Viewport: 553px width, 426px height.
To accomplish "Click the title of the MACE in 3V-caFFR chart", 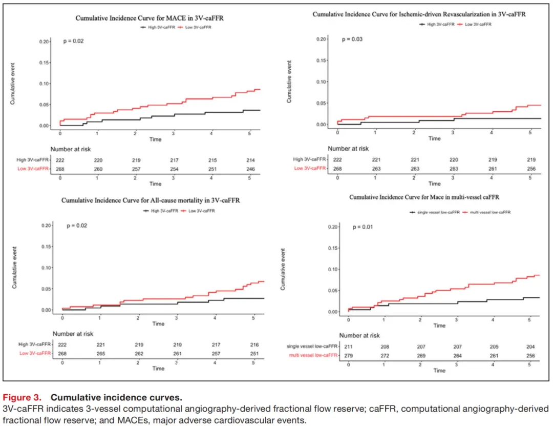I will [150, 18].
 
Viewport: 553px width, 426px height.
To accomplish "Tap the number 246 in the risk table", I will [249, 169].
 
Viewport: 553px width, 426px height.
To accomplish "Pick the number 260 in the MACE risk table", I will [97, 169].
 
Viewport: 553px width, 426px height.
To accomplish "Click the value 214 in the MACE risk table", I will [249, 160].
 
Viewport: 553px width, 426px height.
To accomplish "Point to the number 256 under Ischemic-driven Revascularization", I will [530, 169].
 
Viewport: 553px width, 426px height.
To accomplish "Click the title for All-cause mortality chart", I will [151, 200].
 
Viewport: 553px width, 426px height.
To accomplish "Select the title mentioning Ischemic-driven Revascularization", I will [419, 14].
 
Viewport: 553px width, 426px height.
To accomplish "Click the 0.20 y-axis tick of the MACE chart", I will [45, 41].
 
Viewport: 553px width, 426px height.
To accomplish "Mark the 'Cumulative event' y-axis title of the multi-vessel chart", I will [283, 269].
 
